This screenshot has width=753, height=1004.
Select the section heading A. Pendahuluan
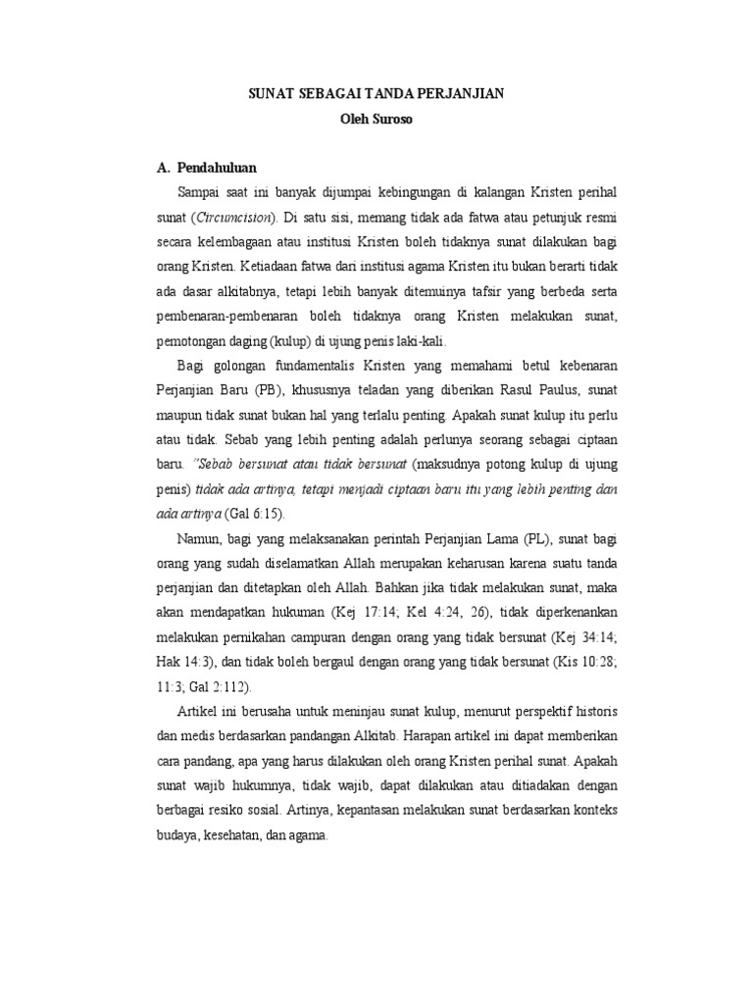point(202,168)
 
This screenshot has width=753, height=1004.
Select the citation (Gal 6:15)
point(258,513)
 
